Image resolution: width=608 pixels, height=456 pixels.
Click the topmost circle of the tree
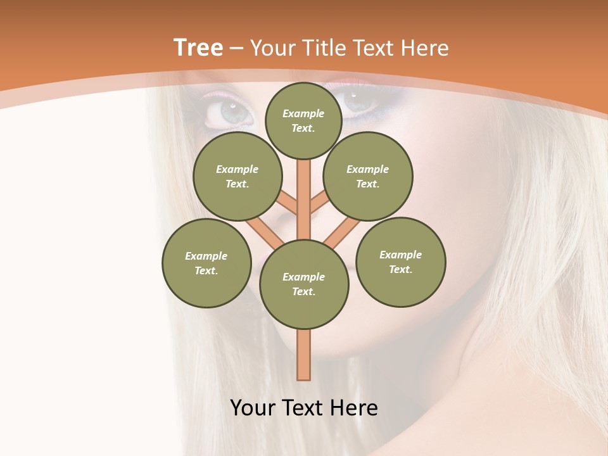pos(303,120)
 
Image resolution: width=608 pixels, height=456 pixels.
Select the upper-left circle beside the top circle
pos(237,176)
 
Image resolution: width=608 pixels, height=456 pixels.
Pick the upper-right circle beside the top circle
pos(368,176)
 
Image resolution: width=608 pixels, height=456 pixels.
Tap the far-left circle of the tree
pos(206,263)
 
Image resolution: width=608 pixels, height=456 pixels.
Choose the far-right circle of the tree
pos(401,262)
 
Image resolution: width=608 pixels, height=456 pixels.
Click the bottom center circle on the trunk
pos(304,284)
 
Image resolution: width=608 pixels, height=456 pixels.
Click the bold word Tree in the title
pos(198,47)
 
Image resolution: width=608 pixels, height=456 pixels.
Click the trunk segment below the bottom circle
pos(304,355)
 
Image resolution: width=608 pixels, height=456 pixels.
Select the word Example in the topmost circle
pos(303,113)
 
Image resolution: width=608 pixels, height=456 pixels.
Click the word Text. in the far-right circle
pos(401,269)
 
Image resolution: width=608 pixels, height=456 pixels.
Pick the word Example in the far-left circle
pos(206,256)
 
